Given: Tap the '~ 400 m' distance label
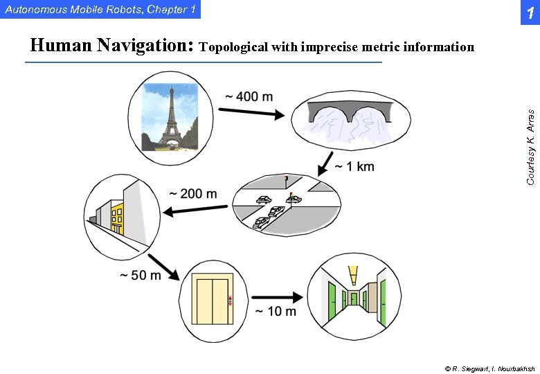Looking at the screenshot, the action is (249, 96).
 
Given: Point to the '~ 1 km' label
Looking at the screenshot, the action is (354, 166).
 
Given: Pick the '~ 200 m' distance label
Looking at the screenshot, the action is (193, 193).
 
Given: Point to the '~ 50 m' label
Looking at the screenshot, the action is (141, 275).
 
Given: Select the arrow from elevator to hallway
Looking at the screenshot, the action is (277, 296).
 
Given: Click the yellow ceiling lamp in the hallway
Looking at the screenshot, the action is (353, 274).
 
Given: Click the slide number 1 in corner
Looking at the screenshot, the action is (529, 13).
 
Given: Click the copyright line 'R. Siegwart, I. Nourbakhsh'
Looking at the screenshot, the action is (489, 368).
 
